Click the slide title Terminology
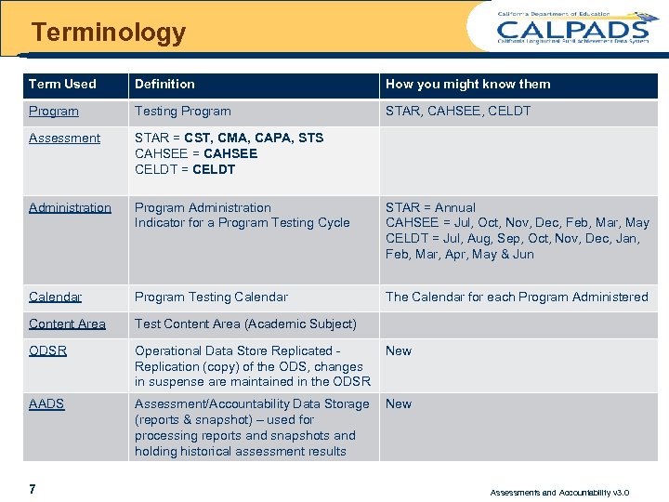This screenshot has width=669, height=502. tap(109, 33)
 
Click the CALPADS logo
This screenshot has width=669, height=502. tap(572, 27)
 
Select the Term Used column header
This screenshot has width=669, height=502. tap(62, 84)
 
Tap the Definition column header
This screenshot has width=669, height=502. tap(164, 84)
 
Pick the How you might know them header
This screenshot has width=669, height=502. tap(467, 84)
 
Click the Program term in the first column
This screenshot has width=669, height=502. tap(54, 111)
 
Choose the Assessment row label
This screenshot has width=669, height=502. tap(64, 138)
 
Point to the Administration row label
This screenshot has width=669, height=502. tap(70, 207)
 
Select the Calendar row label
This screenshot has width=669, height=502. tap(55, 297)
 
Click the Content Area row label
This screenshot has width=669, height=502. tap(67, 324)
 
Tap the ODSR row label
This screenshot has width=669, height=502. tap(47, 350)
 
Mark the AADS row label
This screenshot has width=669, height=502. tap(46, 403)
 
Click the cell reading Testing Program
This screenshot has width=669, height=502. tap(183, 111)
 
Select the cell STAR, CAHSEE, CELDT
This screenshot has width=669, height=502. tap(458, 111)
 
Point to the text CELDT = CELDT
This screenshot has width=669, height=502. tap(185, 169)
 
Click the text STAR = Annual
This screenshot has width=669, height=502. tap(430, 207)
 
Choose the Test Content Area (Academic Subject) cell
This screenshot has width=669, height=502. tap(245, 324)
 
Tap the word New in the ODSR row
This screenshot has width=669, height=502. tap(399, 350)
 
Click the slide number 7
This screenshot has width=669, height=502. tap(33, 489)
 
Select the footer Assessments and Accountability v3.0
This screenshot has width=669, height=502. tap(559, 492)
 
